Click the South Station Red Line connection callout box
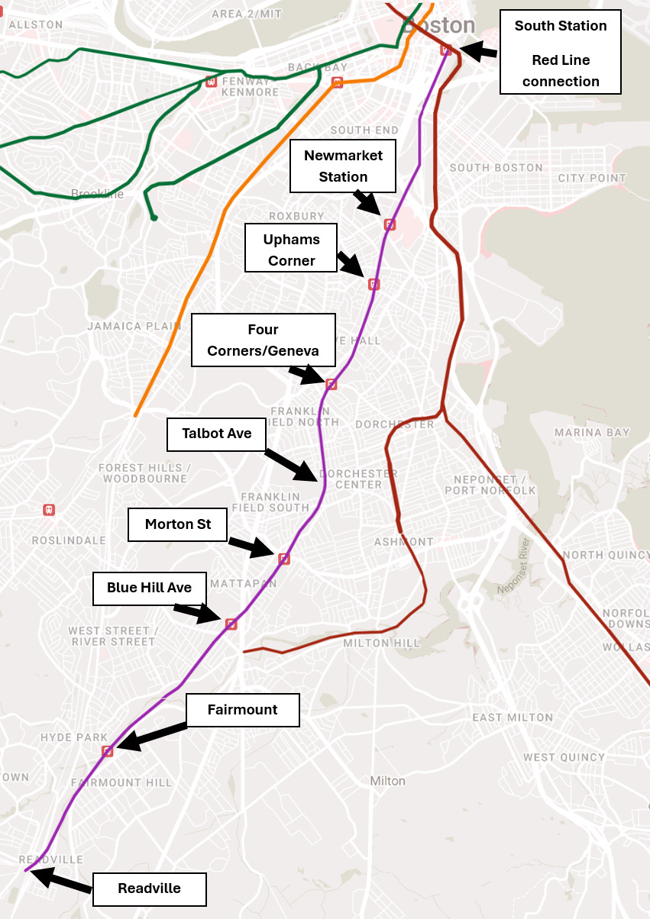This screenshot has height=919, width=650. point(560,53)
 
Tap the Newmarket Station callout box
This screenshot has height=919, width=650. point(343,166)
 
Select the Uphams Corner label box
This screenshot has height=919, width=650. point(291,248)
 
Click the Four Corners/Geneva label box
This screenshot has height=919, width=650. point(263,340)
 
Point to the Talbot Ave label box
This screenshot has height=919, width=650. point(217,434)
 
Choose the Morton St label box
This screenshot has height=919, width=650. point(179,525)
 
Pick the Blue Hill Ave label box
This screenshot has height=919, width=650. point(149,588)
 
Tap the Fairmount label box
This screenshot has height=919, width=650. point(242,710)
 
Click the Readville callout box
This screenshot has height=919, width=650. point(149,889)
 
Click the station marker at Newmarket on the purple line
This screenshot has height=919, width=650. point(390,224)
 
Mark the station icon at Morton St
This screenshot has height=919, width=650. point(283,559)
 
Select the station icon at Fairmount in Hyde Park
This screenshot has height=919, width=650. point(108,751)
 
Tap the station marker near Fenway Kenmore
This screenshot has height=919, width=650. point(212,82)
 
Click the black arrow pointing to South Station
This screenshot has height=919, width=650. point(478,51)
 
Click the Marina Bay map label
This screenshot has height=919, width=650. point(592,433)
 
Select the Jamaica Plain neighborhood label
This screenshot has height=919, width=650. point(125,326)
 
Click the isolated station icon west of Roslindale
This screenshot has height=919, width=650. point(49,509)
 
